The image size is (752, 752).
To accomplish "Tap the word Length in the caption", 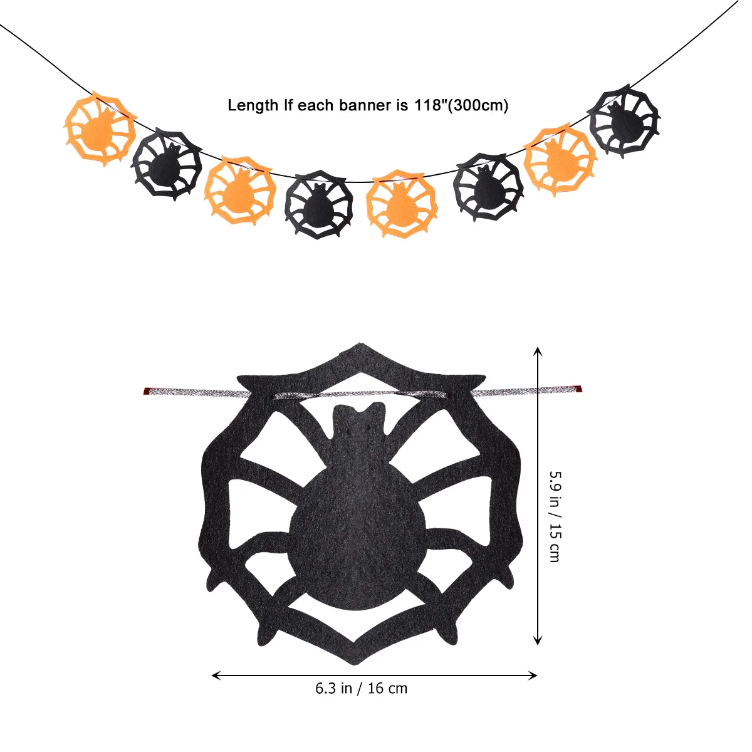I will pyautogui.click(x=253, y=105).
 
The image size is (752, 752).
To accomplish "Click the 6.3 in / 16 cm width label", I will pyautogui.click(x=361, y=688).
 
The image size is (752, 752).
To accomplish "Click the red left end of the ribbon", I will pyautogui.click(x=148, y=392).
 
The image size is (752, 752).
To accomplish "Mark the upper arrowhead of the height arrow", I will pyautogui.click(x=537, y=351).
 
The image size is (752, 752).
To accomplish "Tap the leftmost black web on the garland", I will pyautogui.click(x=167, y=165).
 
